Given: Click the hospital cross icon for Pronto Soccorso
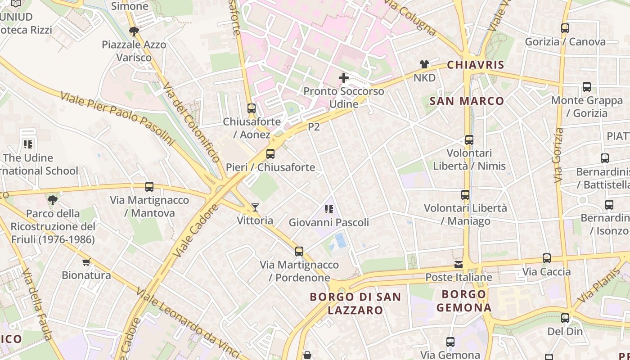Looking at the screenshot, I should click(344, 78).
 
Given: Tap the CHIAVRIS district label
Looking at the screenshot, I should click(476, 65).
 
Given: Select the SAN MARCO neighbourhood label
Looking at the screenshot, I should click(467, 101).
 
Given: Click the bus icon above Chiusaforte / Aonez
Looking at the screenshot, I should click(252, 108).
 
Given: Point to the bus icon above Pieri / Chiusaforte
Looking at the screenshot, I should click(270, 154).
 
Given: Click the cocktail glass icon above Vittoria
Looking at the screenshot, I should click(255, 207).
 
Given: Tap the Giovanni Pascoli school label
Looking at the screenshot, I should click(328, 222).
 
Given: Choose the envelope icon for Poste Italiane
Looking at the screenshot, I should click(459, 265).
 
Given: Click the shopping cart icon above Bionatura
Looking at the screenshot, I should click(86, 262).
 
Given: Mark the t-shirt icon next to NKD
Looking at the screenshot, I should click(424, 64).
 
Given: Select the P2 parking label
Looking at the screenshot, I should click(314, 127).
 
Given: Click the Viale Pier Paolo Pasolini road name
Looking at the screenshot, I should click(117, 119).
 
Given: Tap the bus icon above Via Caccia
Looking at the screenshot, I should click(547, 258).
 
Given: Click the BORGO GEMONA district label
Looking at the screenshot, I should click(464, 301).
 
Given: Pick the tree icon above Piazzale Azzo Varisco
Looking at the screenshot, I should click(134, 31).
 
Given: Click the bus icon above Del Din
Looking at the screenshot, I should click(565, 318).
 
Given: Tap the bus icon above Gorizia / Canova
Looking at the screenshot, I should click(565, 28).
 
